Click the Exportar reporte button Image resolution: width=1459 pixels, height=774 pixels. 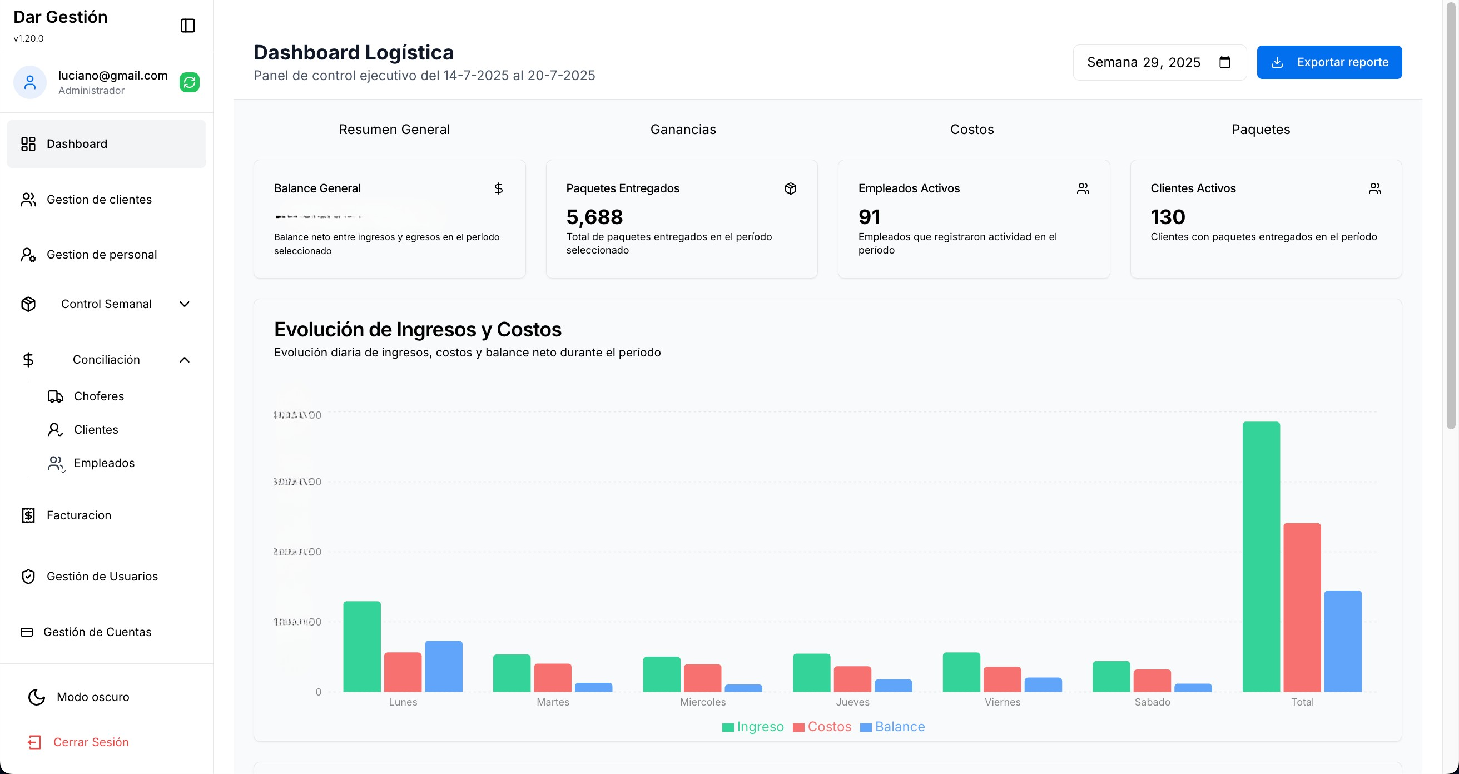pos(1329,62)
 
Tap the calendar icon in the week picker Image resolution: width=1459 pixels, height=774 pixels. pos(1224,62)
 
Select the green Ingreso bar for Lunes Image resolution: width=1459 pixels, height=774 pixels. pos(362,646)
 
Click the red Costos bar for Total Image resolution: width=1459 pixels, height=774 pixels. pos(1302,607)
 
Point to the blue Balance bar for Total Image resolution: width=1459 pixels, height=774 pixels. pos(1342,641)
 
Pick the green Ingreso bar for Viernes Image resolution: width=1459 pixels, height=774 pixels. pos(961,672)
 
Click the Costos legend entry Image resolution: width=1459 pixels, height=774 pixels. pos(822,726)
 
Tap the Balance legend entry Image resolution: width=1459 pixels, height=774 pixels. pos(892,726)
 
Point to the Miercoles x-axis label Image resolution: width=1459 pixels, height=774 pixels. pos(702,702)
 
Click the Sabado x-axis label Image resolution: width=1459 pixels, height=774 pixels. pos(1152,702)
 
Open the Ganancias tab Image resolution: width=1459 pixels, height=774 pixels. pos(683,130)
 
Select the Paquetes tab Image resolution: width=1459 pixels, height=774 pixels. pos(1260,130)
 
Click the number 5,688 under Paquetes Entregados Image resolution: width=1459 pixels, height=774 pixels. pos(594,217)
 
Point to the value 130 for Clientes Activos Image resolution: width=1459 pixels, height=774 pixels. pos(1167,217)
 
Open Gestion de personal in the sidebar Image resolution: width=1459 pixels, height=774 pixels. pos(101,255)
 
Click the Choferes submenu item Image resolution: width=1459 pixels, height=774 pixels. pos(98,396)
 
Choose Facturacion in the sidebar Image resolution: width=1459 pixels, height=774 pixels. pos(79,515)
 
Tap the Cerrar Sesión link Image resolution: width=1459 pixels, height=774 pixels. pos(91,742)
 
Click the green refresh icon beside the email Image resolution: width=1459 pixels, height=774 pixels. pos(189,83)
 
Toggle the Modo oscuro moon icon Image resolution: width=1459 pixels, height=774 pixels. pos(37,697)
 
